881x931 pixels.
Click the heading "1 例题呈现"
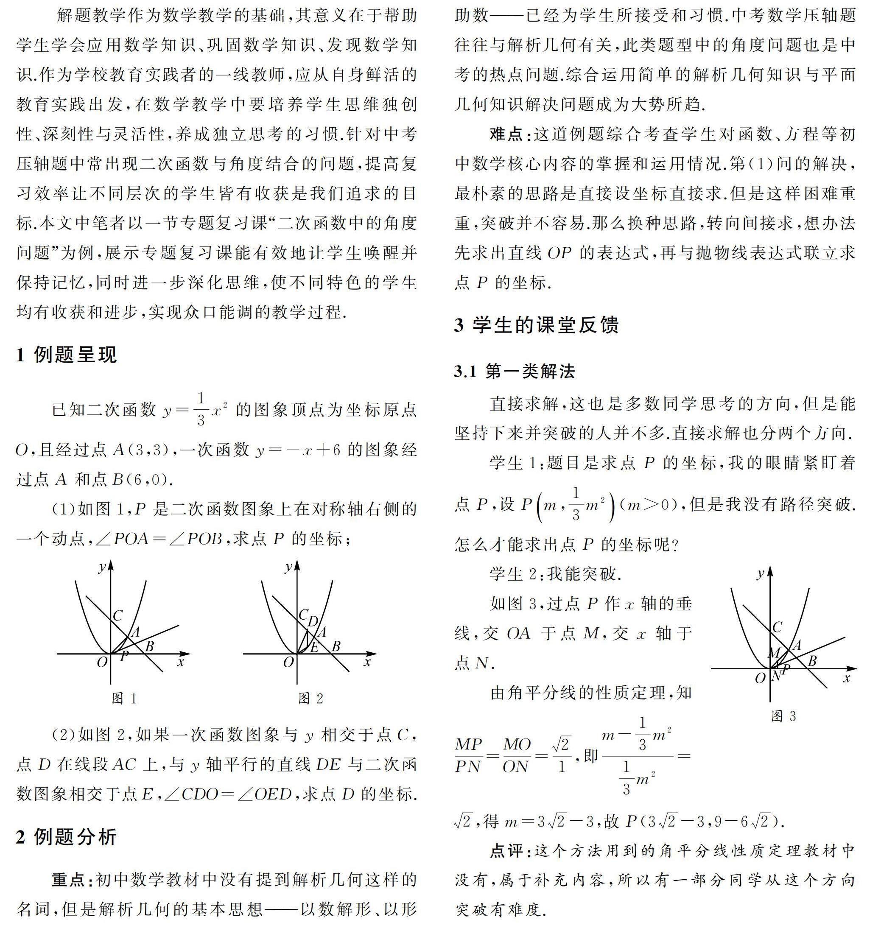(x=66, y=355)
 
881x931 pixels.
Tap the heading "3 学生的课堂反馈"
(x=536, y=325)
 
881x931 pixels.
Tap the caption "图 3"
(x=784, y=716)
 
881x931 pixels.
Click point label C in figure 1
(x=118, y=615)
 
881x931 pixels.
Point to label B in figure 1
(x=149, y=646)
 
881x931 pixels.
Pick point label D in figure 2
(x=313, y=621)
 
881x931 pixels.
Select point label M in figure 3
(x=773, y=653)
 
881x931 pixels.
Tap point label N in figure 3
(x=776, y=676)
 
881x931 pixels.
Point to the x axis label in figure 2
(x=367, y=663)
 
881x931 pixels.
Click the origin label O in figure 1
(x=102, y=663)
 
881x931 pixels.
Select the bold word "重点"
(x=70, y=880)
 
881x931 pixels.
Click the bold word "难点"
(x=509, y=135)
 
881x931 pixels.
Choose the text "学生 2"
(x=516, y=574)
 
